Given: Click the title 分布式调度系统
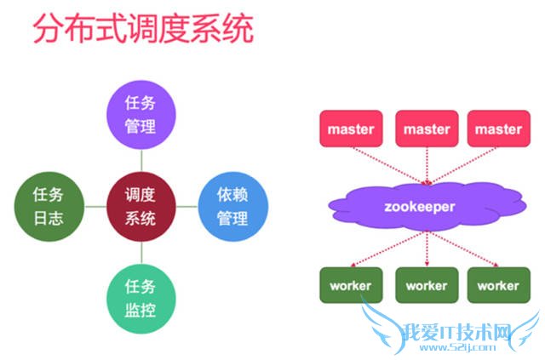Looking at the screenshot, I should point(142,31).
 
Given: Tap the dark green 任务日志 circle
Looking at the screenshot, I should point(51,206).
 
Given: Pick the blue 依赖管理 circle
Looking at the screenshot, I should point(232,206).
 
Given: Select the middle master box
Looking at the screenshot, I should point(426,129).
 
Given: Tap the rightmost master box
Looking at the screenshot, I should point(498,129).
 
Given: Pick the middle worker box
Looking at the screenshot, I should point(426,285).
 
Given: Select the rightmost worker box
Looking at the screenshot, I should point(498,285).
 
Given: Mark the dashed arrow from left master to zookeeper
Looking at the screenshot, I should point(387,162).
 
